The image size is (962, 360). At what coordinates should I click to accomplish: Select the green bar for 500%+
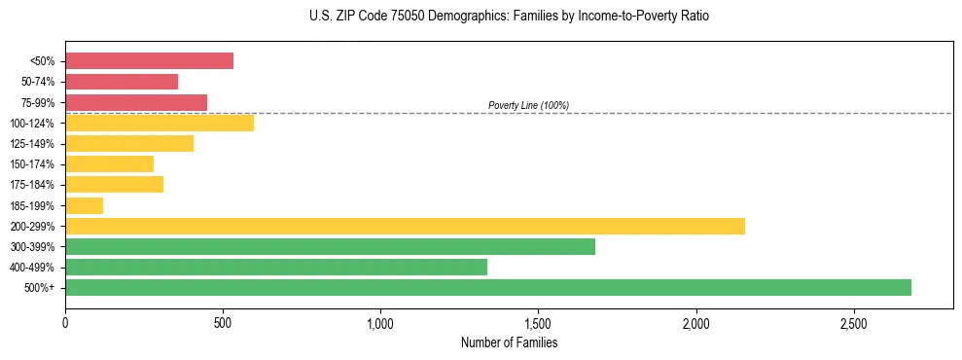(x=487, y=287)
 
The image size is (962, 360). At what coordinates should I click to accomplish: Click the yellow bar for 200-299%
(x=405, y=226)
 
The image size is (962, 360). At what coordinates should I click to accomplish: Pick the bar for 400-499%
(x=276, y=267)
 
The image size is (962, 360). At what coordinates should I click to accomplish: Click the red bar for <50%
(x=149, y=61)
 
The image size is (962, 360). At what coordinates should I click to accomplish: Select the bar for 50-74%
(x=122, y=82)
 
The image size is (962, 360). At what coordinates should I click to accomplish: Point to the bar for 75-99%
(x=136, y=102)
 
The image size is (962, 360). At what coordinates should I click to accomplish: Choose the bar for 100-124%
(x=160, y=123)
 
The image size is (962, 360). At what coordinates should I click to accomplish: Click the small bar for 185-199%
(x=84, y=205)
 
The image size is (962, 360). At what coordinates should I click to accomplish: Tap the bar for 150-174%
(x=109, y=163)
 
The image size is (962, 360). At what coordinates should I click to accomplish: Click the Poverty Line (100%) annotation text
(x=528, y=105)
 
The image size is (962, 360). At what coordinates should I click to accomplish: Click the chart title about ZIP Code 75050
(x=510, y=17)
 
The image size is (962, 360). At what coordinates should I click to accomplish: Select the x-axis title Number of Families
(x=509, y=342)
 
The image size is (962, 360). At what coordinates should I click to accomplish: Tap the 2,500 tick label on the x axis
(x=853, y=322)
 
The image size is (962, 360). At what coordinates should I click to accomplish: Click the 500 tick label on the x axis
(x=223, y=322)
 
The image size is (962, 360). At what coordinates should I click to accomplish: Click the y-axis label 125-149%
(x=33, y=144)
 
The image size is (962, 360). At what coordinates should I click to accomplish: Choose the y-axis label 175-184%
(x=33, y=185)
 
